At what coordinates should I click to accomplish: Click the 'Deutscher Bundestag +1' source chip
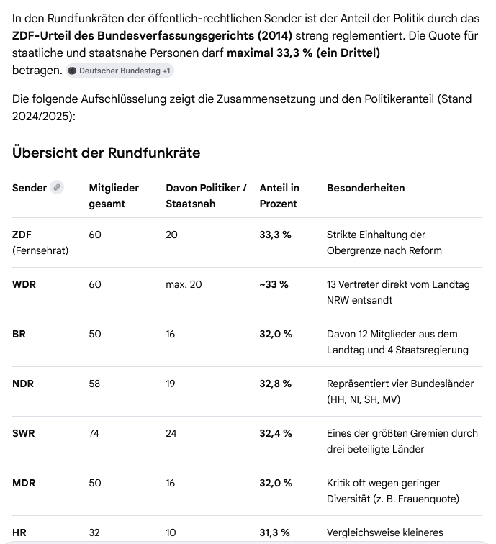point(120,71)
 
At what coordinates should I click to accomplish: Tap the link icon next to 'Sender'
point(57,187)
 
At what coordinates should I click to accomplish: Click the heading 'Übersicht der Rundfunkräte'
point(106,153)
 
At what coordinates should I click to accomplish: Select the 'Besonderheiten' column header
point(366,188)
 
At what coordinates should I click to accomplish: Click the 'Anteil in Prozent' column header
point(279,196)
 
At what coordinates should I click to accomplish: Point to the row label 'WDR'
point(24,284)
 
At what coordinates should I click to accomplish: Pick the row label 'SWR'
point(24,433)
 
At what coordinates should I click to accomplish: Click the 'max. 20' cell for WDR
point(184,284)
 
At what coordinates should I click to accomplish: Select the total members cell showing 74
point(95,433)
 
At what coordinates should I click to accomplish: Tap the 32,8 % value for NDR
point(276,384)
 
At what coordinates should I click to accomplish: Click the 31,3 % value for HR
point(274,532)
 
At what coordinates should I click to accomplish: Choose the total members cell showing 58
point(95,384)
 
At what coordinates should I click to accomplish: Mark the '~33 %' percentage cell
point(274,284)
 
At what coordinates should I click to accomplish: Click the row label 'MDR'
point(24,483)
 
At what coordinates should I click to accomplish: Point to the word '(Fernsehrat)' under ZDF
point(40,250)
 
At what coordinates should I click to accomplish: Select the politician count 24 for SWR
point(171,433)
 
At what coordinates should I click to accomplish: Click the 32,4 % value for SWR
point(276,433)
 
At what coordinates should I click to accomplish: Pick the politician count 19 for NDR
point(171,384)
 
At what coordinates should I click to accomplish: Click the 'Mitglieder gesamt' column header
point(114,196)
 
